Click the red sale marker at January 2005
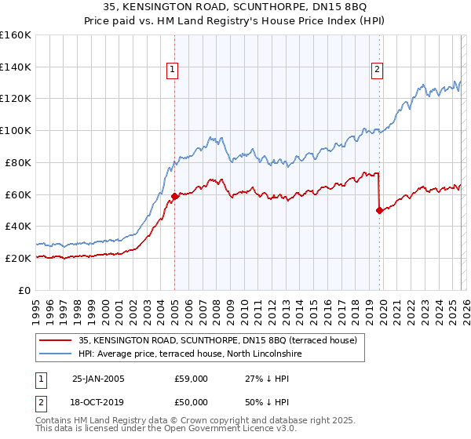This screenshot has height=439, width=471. (174, 196)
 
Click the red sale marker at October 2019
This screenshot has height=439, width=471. (379, 210)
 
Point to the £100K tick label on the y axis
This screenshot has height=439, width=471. (16, 130)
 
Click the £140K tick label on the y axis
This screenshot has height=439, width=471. (16, 67)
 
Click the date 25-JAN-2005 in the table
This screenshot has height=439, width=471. (98, 379)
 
